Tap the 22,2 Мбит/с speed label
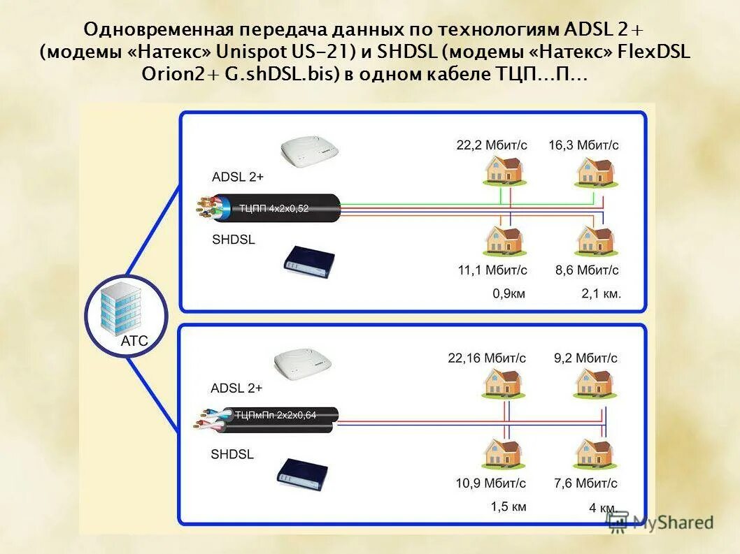(x=492, y=145)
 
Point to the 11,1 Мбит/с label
(x=492, y=270)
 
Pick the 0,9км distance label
(x=508, y=294)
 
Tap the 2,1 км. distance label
(x=601, y=294)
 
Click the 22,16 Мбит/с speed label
(x=487, y=358)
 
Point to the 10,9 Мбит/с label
(x=490, y=483)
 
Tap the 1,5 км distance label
(x=508, y=506)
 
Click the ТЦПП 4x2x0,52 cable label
(x=273, y=208)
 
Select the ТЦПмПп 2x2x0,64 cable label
(x=275, y=415)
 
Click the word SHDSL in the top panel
(x=233, y=240)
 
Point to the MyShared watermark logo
(x=660, y=523)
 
